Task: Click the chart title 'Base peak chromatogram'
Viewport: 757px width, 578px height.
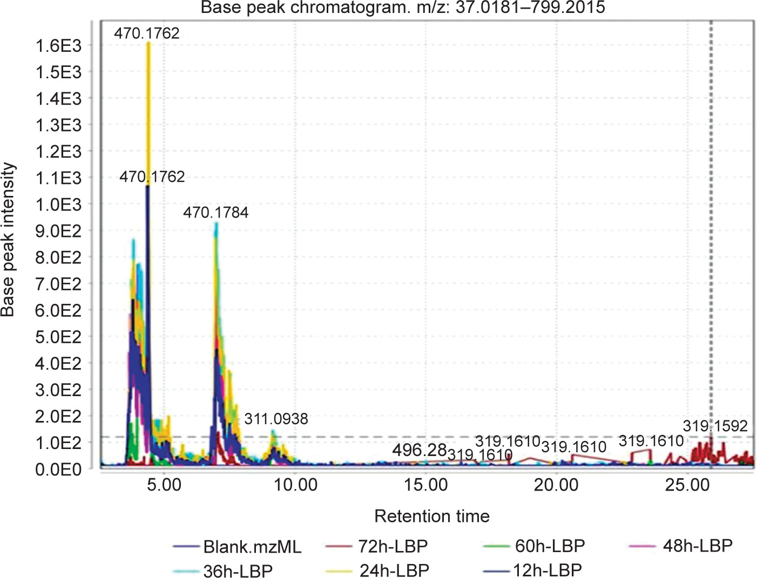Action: [x=402, y=8]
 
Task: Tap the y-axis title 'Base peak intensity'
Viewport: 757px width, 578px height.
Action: [x=8, y=240]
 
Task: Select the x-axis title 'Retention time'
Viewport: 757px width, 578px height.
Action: [x=432, y=516]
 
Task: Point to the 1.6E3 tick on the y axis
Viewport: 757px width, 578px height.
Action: [x=58, y=46]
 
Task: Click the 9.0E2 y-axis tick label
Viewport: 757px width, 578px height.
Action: [x=58, y=231]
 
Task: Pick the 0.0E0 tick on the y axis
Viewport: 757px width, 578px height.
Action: [x=58, y=469]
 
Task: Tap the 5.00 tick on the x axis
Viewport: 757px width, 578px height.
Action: [x=164, y=485]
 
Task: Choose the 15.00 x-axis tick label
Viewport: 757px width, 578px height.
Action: [x=426, y=485]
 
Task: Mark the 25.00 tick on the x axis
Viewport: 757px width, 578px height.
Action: [x=687, y=485]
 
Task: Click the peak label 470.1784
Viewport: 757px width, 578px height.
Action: [x=215, y=213]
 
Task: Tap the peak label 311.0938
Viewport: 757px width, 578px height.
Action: [x=276, y=419]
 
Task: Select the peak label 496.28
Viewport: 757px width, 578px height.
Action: [x=420, y=450]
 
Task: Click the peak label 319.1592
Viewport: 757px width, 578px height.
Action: [x=715, y=426]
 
